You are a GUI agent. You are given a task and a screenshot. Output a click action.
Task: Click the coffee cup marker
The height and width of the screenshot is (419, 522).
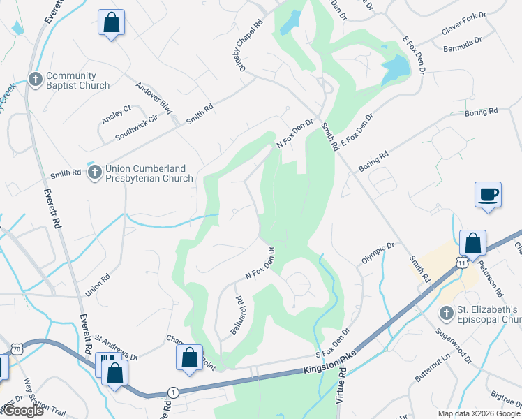(488, 195)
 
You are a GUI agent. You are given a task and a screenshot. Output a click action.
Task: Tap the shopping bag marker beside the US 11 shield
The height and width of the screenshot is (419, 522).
(472, 244)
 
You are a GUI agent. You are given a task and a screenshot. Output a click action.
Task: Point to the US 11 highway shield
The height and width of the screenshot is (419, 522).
(461, 260)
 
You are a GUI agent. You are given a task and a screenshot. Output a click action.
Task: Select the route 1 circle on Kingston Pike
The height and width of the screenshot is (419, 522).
(173, 393)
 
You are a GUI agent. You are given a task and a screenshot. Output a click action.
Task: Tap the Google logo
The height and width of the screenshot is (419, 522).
(22, 411)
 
